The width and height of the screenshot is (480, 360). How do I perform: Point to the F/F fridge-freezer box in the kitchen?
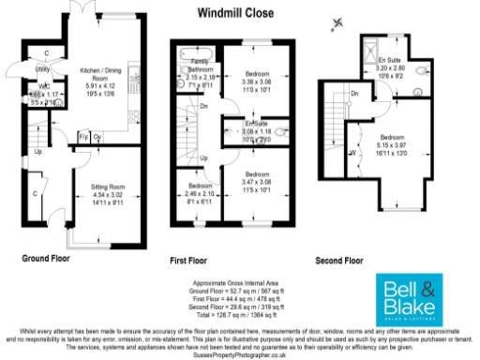coord(82,138)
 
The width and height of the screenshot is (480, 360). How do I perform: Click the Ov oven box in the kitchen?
coord(97,138)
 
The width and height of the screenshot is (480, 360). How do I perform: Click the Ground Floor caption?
coord(47,256)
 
